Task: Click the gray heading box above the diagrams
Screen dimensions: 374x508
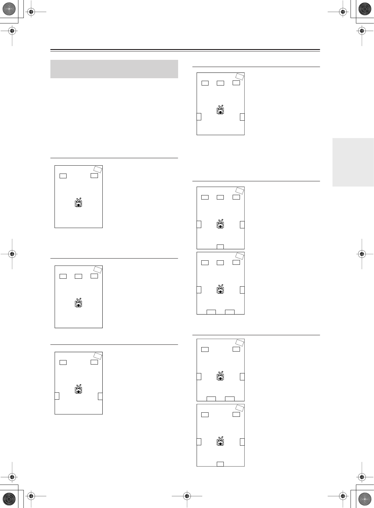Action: coord(114,69)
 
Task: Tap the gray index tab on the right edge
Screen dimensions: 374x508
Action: coord(353,162)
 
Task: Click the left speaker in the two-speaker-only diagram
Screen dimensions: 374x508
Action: coord(63,176)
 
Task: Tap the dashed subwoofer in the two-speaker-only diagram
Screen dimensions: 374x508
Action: coord(98,169)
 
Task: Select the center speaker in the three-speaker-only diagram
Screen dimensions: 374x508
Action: coord(78,276)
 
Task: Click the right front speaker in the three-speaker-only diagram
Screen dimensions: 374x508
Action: coord(94,276)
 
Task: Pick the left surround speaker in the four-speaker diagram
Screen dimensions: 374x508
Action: coord(57,396)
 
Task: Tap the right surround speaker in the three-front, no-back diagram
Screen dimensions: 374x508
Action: coord(242,117)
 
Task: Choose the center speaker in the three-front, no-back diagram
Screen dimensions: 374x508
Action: coord(220,83)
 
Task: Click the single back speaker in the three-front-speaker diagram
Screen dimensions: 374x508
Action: coord(220,247)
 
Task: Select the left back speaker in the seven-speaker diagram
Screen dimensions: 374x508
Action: coord(211,312)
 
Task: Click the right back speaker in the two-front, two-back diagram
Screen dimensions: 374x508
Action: coord(230,399)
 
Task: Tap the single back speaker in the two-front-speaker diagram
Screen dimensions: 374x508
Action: coord(220,464)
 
